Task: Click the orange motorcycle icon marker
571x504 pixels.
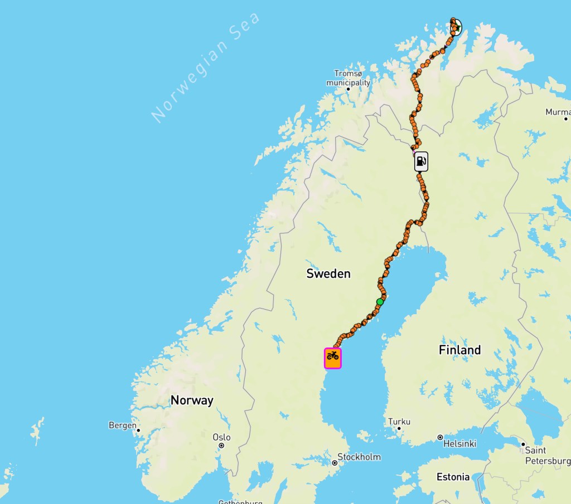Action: pos(333,358)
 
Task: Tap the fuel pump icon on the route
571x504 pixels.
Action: pos(421,162)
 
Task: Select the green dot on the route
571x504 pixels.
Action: pos(380,302)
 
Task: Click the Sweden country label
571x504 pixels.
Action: pos(328,273)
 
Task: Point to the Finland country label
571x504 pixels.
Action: pos(459,350)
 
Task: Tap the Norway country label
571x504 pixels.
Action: pos(192,400)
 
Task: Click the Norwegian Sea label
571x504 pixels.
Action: pos(205,67)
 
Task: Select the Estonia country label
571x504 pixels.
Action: pos(453,477)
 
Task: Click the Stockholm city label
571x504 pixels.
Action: pos(359,457)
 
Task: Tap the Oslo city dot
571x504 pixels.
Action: pos(221,446)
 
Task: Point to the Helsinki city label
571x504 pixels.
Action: pos(460,444)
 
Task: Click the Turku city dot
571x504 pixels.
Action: pos(399,429)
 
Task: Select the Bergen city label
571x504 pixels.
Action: pos(122,425)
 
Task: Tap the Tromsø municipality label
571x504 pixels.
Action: pos(349,78)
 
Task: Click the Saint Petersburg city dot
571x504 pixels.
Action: pos(523,444)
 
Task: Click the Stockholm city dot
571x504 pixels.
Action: pos(335,462)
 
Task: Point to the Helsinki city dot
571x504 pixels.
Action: pos(440,438)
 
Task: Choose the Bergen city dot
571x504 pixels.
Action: pos(138,429)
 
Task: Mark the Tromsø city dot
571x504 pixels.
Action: pos(349,89)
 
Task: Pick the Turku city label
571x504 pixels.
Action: pos(399,422)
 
